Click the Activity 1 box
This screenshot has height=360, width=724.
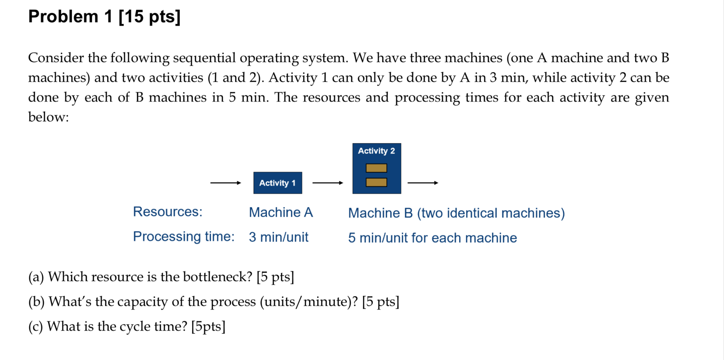(x=277, y=183)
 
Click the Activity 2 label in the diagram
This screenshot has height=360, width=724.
(x=376, y=151)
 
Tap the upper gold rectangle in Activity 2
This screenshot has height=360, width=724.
(x=376, y=168)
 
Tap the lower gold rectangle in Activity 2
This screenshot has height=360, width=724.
(x=376, y=182)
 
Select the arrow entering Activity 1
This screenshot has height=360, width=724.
(x=225, y=183)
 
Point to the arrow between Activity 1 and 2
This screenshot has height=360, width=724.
(x=327, y=183)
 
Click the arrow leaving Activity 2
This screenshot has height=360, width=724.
(x=422, y=183)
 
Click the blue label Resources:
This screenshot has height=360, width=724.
(x=168, y=212)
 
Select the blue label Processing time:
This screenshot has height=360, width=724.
(x=184, y=236)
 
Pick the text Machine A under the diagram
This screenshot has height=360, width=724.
(x=281, y=212)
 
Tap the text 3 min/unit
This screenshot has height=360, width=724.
(x=278, y=237)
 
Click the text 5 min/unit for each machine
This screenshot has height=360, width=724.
(x=432, y=238)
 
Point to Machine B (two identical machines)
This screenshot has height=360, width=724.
(x=456, y=213)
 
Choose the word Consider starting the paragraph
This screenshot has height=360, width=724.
(x=56, y=58)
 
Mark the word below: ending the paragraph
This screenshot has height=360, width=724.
(x=48, y=117)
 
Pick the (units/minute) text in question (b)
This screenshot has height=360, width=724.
(x=309, y=301)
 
